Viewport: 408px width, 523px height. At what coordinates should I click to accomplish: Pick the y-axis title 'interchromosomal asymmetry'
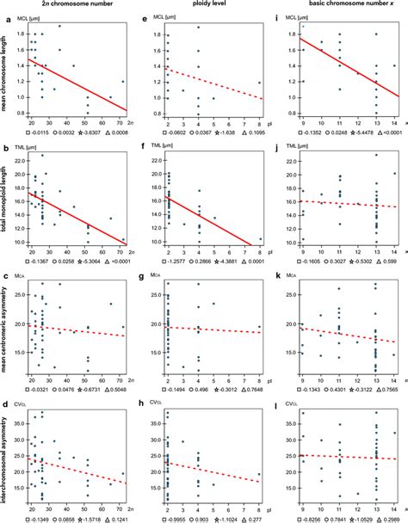[x=5, y=452]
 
